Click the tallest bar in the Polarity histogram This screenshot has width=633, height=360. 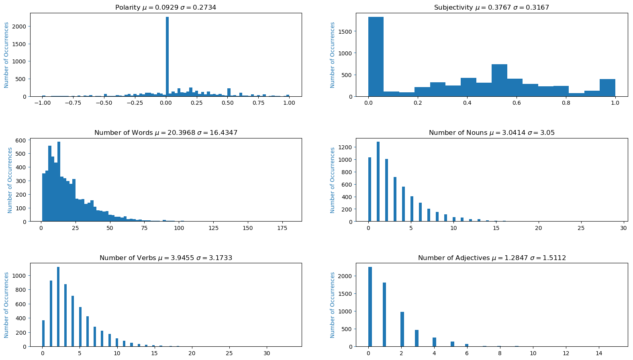(x=167, y=56)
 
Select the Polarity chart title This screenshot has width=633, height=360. (x=165, y=8)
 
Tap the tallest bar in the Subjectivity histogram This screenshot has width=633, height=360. (x=376, y=56)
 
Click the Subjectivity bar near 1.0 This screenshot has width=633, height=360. (x=607, y=88)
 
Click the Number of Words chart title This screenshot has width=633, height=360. (x=165, y=133)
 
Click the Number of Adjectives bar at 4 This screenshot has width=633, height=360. (x=434, y=342)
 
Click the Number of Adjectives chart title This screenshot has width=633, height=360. (x=492, y=258)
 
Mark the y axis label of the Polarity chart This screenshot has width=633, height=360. (x=6, y=55)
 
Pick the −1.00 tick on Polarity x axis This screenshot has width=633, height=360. (x=42, y=103)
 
